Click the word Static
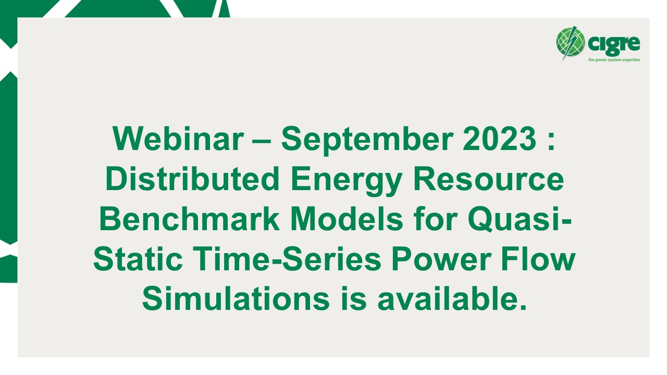(138, 260)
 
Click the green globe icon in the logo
(571, 42)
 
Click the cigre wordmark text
(613, 43)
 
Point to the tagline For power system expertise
(614, 60)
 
